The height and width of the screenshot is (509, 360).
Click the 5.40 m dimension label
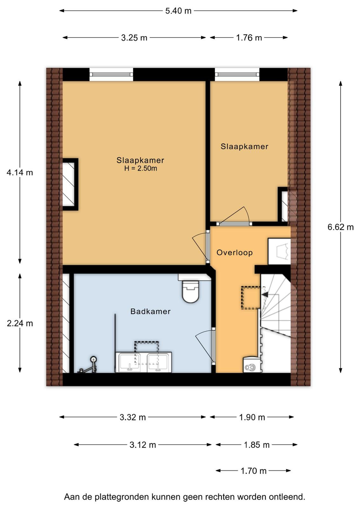point(178,11)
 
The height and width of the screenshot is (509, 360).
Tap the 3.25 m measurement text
point(134,38)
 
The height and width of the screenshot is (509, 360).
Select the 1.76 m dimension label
point(249,38)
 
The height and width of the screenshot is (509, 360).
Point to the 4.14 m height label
point(20,173)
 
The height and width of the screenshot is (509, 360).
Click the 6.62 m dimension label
point(341,227)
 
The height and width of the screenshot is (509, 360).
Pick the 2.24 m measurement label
point(20,323)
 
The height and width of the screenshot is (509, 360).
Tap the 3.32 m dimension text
point(133,417)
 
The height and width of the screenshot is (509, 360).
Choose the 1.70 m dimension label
point(253,471)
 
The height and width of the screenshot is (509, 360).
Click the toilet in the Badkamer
point(190,292)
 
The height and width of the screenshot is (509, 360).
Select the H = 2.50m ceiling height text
point(141,168)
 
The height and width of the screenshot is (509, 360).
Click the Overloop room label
point(235,253)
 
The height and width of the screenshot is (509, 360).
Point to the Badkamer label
point(150,311)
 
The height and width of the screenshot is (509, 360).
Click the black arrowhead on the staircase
point(265,295)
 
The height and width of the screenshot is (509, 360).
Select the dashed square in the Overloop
point(251,298)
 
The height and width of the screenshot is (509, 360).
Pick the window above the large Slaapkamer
point(111,74)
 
